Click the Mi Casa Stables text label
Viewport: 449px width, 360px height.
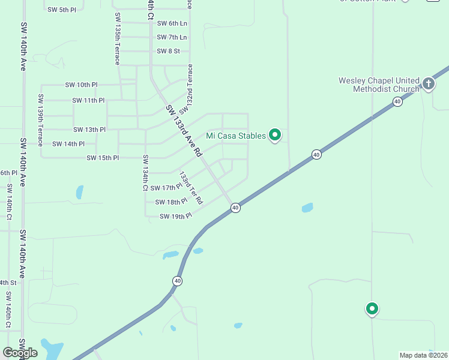click(236, 136)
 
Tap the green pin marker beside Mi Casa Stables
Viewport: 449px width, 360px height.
click(275, 135)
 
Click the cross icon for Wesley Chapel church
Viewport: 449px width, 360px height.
click(429, 83)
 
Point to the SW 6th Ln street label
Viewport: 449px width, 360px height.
click(172, 23)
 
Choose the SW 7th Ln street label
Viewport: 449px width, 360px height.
click(172, 37)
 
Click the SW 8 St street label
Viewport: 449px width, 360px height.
click(168, 51)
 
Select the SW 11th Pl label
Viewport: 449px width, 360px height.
click(88, 100)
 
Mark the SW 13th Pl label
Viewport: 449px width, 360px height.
click(89, 130)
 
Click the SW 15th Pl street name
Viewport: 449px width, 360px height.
click(103, 158)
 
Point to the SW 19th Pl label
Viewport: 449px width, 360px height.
click(175, 216)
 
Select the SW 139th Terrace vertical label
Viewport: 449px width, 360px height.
click(41, 120)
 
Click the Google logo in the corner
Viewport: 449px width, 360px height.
click(20, 353)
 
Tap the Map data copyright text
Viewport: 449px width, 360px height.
click(424, 355)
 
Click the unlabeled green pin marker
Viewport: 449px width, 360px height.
click(372, 309)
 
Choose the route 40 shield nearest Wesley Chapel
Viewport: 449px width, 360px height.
click(397, 102)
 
